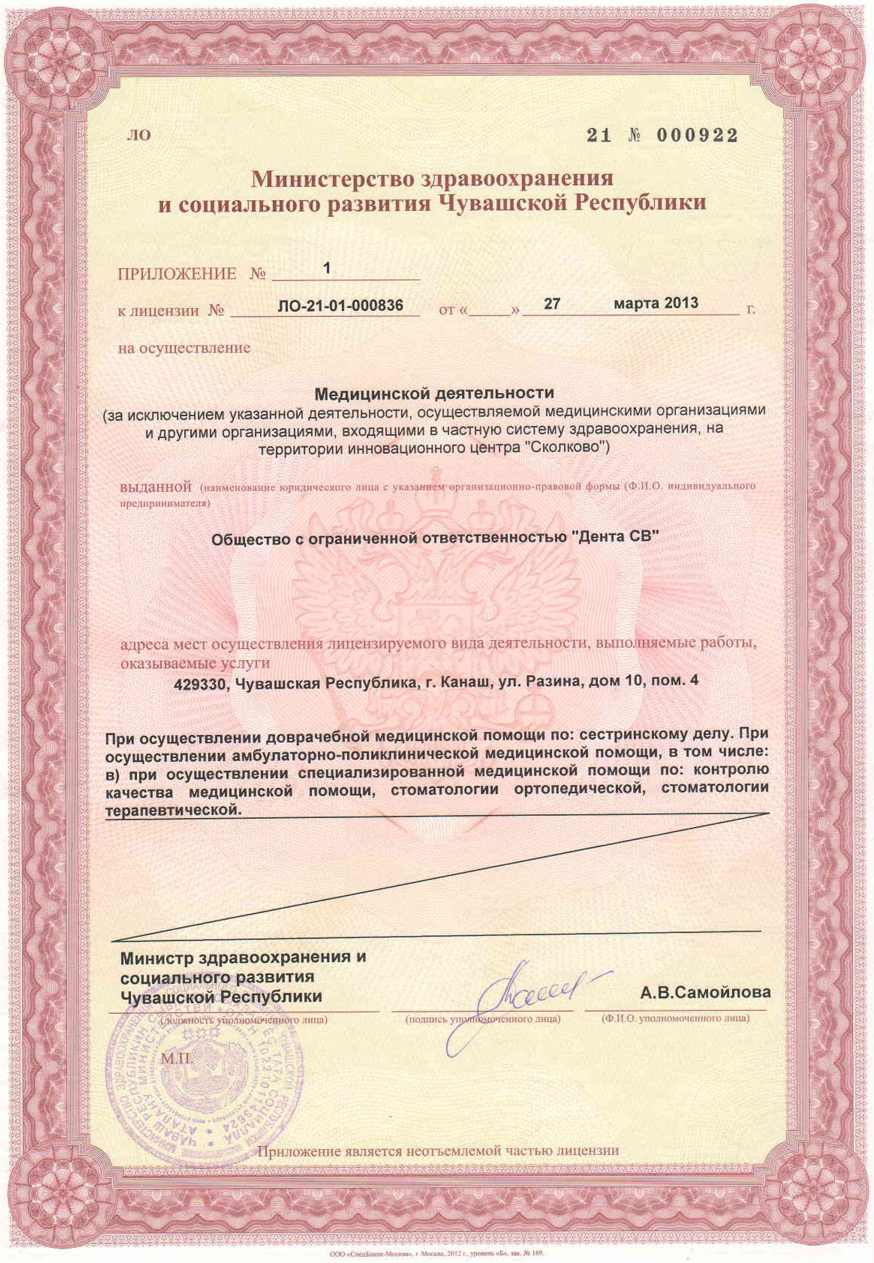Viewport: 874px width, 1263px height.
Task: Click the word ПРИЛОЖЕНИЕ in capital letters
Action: click(x=177, y=274)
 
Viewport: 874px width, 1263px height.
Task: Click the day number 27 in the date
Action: click(x=551, y=303)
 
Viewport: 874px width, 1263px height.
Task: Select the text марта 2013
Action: click(x=655, y=303)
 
